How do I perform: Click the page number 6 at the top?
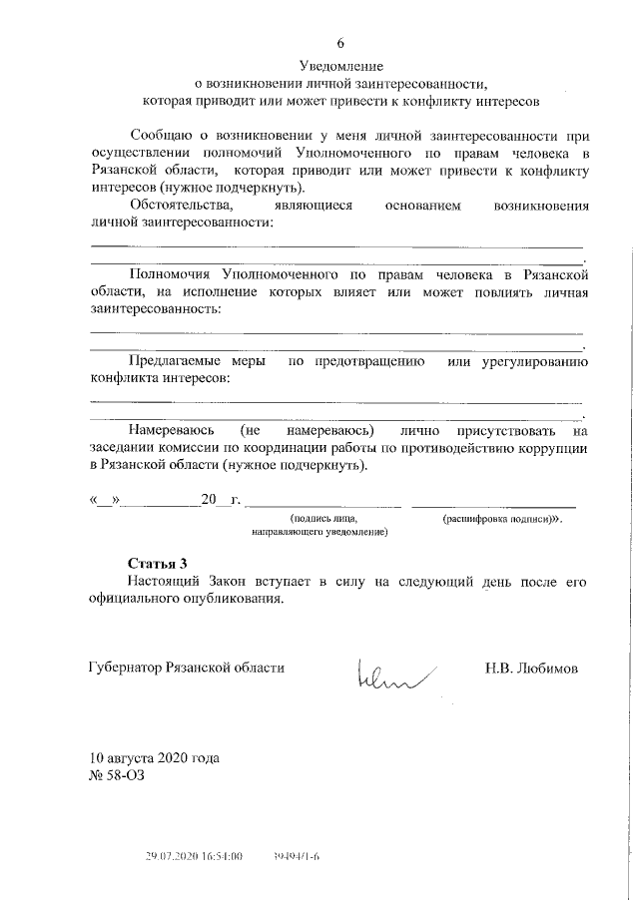339,43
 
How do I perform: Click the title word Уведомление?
339,66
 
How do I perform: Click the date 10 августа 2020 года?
154,757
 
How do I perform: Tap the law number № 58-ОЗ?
119,775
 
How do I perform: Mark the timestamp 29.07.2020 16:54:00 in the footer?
194,856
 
